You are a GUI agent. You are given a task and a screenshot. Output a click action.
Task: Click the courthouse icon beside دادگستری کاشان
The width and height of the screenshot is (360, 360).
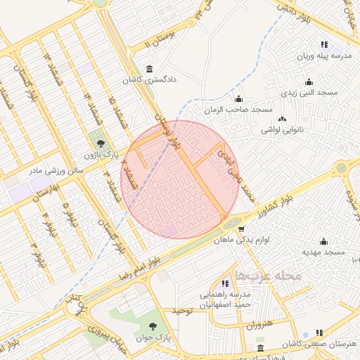(x=149, y=69)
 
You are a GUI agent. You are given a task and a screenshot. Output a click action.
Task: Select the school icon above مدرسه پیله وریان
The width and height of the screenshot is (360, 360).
(x=323, y=44)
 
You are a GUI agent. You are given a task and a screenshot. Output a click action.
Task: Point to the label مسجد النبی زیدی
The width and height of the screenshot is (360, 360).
(x=310, y=92)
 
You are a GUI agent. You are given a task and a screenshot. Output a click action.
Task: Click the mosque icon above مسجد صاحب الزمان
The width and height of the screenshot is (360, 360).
(x=239, y=99)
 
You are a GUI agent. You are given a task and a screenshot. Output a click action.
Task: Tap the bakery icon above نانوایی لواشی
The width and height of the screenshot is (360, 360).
(x=283, y=119)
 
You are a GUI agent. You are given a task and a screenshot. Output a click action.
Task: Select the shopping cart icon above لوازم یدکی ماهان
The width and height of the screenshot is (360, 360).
(x=242, y=229)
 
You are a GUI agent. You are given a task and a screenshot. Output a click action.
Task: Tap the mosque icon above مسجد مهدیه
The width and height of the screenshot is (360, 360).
(x=323, y=240)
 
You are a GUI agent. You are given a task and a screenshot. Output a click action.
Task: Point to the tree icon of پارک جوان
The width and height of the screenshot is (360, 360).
(x=153, y=326)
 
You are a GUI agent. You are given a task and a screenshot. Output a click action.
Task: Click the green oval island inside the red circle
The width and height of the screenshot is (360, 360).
(x=231, y=223)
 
